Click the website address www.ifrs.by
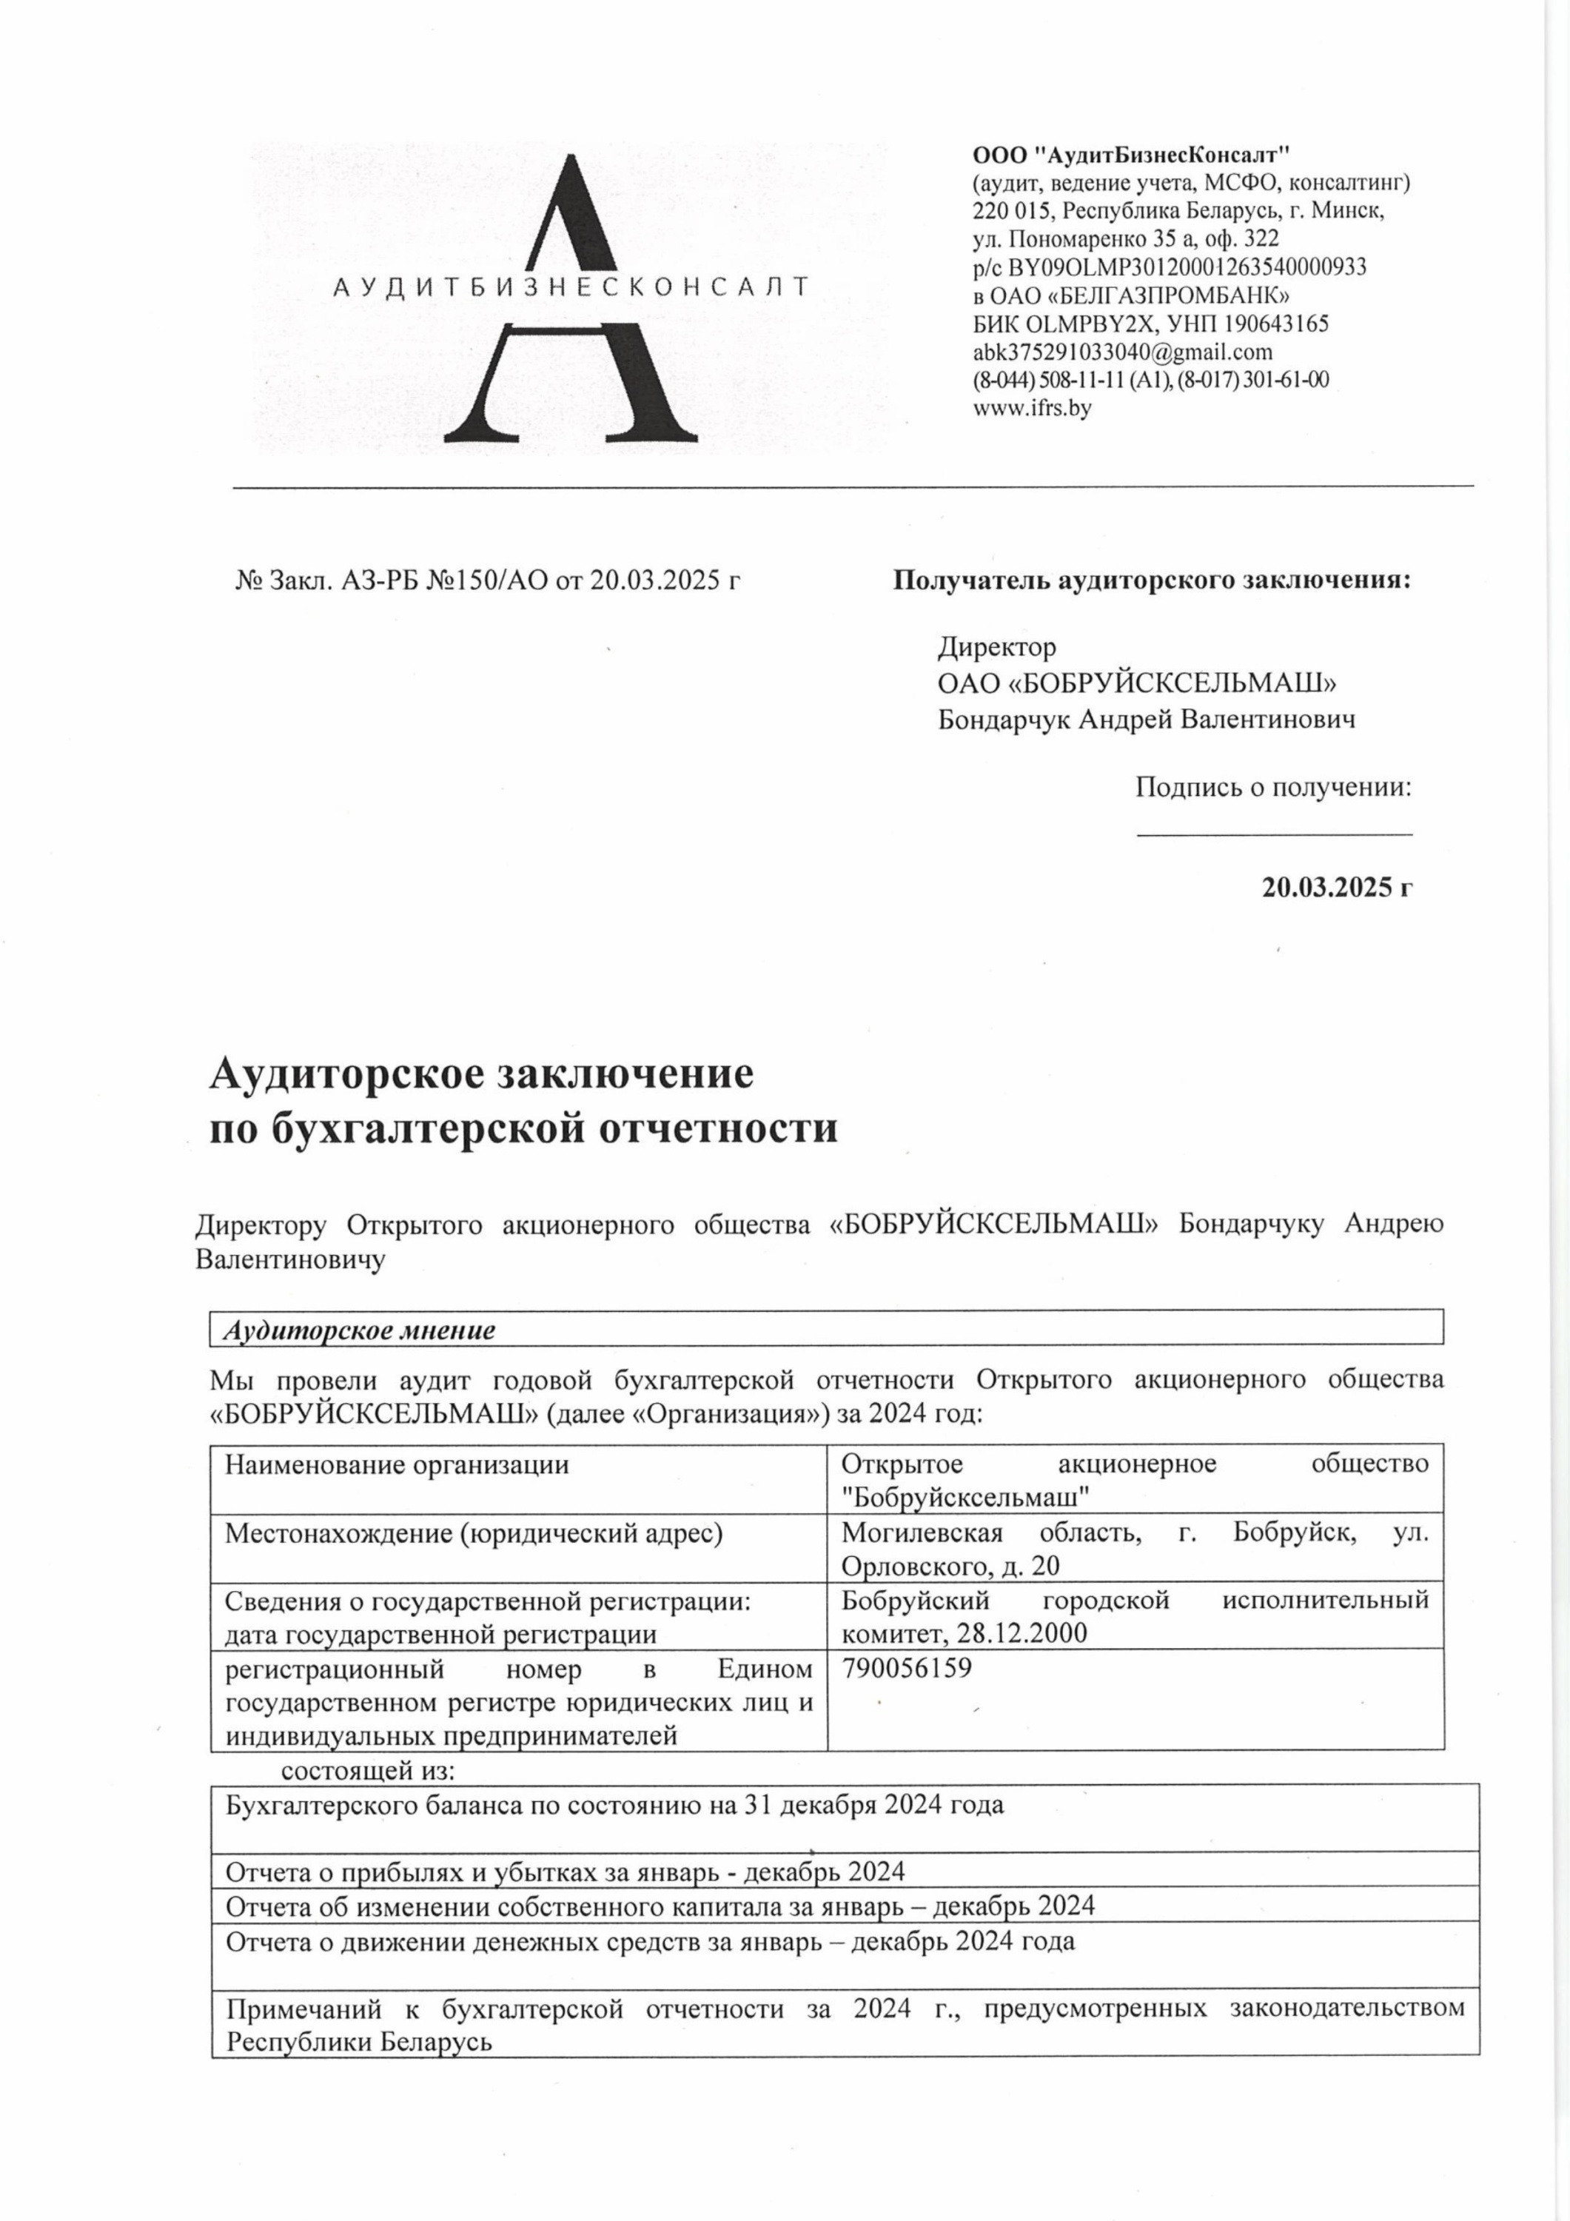coord(1031,408)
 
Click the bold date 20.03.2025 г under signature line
coord(1337,887)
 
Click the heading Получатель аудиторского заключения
coord(1151,580)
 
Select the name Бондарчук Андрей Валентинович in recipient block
coord(1147,720)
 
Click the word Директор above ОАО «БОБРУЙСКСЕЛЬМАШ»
coord(996,646)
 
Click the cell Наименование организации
coord(397,1464)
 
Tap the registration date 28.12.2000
coord(1021,1634)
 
